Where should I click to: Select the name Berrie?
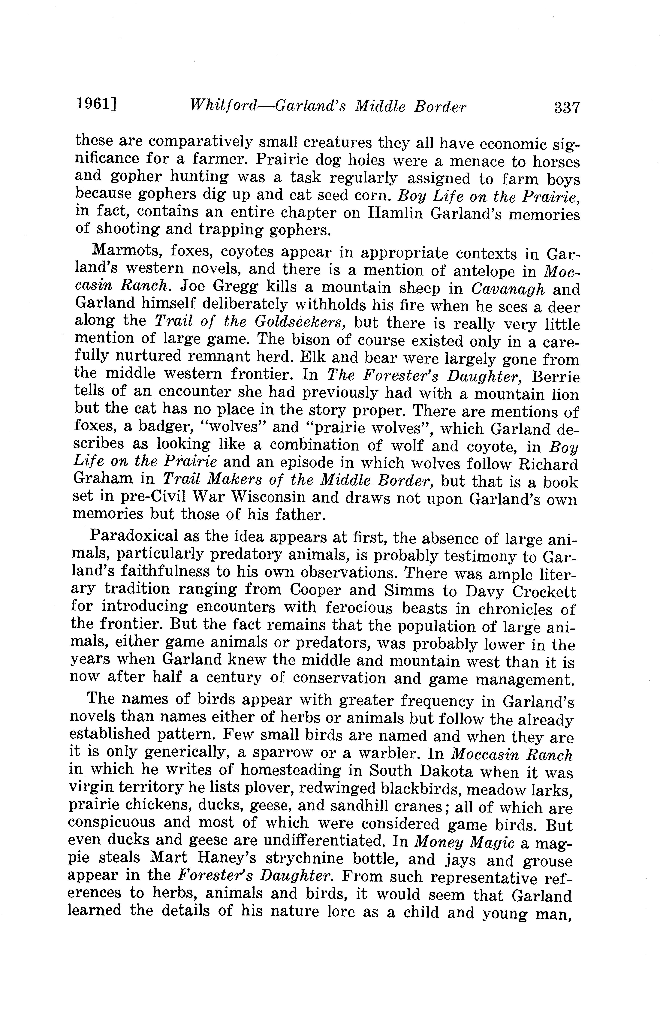tap(555, 377)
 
